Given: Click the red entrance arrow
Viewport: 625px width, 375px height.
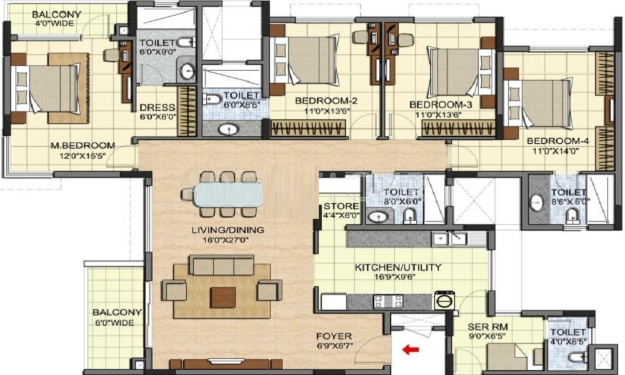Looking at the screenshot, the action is (411, 350).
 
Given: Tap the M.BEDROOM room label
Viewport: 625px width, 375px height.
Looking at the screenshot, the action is (82, 146).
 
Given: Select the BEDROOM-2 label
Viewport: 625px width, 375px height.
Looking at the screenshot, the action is (326, 101).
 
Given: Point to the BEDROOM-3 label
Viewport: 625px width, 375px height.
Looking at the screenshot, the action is (441, 105).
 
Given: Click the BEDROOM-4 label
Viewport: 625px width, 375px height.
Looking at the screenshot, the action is (557, 141).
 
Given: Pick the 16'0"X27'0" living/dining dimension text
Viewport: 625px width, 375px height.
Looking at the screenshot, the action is (227, 240).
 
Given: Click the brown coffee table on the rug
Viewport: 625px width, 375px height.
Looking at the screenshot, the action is (223, 297).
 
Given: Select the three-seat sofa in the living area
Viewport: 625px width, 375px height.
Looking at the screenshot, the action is (222, 266).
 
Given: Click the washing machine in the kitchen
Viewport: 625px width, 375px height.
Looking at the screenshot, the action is (445, 300).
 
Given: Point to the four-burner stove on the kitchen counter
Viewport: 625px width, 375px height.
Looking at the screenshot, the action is (388, 301).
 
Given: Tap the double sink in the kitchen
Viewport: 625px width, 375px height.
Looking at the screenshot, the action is (449, 239).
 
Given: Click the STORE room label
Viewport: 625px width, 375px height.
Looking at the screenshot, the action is (341, 206).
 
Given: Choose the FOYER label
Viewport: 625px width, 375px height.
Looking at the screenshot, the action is (334, 336).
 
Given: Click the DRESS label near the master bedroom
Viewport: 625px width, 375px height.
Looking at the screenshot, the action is (157, 107).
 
